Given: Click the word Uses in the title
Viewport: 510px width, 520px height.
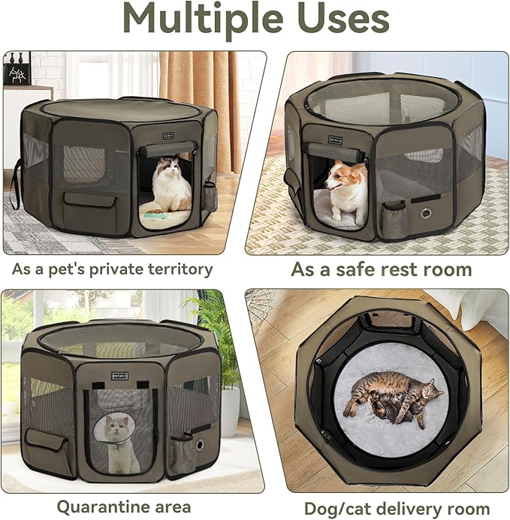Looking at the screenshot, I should pos(346,20).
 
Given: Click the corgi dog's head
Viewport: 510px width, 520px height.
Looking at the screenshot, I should pos(342,179).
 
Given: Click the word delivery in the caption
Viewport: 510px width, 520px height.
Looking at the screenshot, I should pos(411,507).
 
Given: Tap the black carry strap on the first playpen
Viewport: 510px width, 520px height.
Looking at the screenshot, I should pos(13,180).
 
